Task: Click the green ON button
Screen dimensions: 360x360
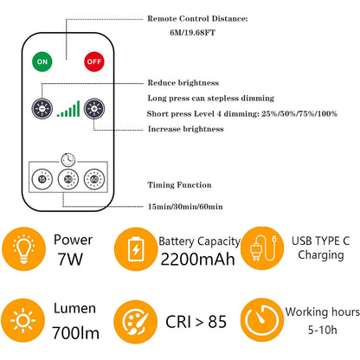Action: (x=42, y=61)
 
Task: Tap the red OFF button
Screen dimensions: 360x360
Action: (x=94, y=61)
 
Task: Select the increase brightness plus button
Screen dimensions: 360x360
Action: (x=94, y=109)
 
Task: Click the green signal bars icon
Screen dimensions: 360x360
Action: (x=68, y=109)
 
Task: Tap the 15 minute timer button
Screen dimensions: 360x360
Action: (x=42, y=179)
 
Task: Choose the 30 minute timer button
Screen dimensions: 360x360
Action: (x=68, y=179)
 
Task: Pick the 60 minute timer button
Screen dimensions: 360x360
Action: (x=94, y=179)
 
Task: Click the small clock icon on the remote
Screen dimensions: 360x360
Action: (x=68, y=159)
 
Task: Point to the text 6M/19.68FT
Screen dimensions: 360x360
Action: (x=192, y=32)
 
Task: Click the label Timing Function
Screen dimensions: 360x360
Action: (x=179, y=184)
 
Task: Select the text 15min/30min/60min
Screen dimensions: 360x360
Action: (x=185, y=207)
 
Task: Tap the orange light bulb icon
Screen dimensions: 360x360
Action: (x=23, y=248)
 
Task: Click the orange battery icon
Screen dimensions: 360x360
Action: (x=136, y=249)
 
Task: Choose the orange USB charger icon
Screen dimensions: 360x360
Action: (x=262, y=248)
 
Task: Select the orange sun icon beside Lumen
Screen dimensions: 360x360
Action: (x=22, y=320)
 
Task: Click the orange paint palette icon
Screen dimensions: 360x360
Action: (x=135, y=322)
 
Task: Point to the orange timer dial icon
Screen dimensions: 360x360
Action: (x=262, y=320)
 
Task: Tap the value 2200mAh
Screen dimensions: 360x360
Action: (x=197, y=259)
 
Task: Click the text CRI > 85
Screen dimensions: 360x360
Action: (x=196, y=321)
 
